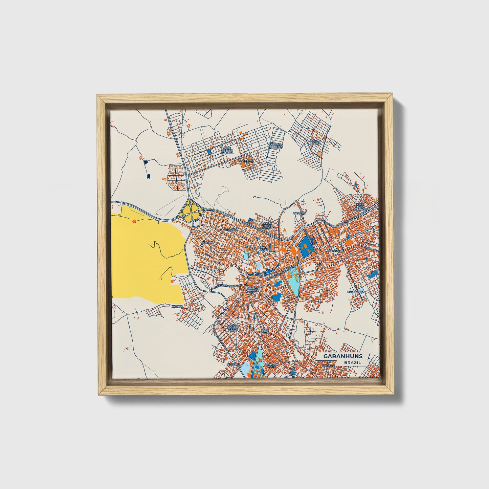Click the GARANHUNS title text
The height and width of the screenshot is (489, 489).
pyautogui.click(x=342, y=356)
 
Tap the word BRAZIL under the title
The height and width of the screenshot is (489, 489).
pyautogui.click(x=352, y=362)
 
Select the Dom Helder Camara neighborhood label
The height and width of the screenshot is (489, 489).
pyautogui.click(x=227, y=151)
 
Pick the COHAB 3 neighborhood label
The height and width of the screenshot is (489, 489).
pyautogui.click(x=246, y=161)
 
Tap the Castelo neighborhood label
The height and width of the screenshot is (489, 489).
pyautogui.click(x=299, y=213)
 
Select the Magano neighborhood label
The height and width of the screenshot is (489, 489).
pyautogui.click(x=208, y=243)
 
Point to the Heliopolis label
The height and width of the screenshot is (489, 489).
pyautogui.click(x=335, y=251)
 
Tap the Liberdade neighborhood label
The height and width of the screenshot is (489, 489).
pyautogui.click(x=355, y=291)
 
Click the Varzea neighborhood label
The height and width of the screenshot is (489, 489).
pyautogui.click(x=177, y=306)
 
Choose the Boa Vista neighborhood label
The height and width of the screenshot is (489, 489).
pyautogui.click(x=265, y=331)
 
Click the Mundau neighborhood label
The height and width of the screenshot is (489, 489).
pyautogui.click(x=233, y=364)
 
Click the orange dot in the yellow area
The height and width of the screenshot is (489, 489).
pyautogui.click(x=134, y=221)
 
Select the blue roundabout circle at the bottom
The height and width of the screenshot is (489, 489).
pyautogui.click(x=292, y=373)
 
